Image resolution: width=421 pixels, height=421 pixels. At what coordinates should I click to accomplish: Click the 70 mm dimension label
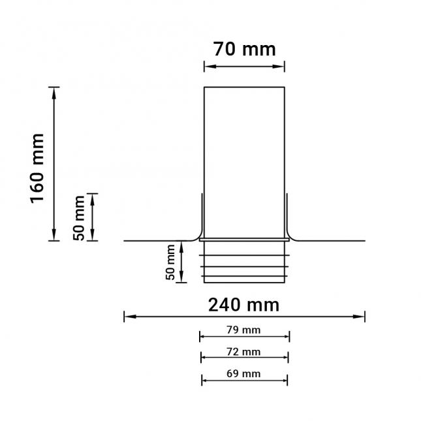point(244,49)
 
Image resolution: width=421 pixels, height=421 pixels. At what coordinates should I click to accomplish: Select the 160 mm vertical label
point(37,168)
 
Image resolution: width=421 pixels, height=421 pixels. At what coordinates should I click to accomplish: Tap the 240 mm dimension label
point(243,304)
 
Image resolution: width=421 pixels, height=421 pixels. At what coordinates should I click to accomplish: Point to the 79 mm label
point(243,330)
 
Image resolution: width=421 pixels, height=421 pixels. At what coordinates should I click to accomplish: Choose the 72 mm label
point(243,352)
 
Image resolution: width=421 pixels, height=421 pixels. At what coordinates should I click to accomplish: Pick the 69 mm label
point(243,374)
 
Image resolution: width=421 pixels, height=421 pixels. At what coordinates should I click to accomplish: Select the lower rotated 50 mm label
point(171,262)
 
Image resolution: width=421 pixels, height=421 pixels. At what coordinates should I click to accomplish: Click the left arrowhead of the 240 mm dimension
point(128,317)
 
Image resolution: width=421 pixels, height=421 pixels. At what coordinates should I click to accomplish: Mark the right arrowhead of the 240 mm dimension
point(361,317)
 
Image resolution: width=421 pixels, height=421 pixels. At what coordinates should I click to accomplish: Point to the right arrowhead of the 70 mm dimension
point(281,65)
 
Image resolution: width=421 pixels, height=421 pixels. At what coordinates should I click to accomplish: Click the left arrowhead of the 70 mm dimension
point(208,65)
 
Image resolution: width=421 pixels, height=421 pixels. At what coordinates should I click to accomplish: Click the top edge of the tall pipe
point(244,87)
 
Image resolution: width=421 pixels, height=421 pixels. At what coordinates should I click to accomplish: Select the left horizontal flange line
point(157,241)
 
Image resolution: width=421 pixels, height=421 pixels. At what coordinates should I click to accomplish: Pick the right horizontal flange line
point(333,241)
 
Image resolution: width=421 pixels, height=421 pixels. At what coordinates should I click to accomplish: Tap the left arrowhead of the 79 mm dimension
point(202,337)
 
